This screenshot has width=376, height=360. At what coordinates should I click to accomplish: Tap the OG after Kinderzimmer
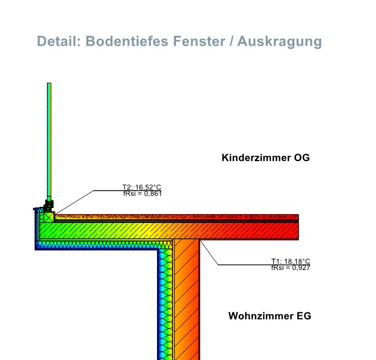[x=302, y=158]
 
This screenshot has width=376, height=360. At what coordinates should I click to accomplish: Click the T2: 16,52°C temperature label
[x=142, y=187]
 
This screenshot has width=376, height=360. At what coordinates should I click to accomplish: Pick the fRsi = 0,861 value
[x=142, y=193]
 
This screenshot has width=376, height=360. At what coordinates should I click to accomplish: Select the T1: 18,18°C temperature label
[x=291, y=261]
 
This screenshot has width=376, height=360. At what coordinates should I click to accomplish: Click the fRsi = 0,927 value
[x=291, y=268]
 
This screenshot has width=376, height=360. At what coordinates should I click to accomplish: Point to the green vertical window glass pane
[x=49, y=140]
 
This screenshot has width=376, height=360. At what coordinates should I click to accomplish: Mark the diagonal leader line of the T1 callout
[x=209, y=252]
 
